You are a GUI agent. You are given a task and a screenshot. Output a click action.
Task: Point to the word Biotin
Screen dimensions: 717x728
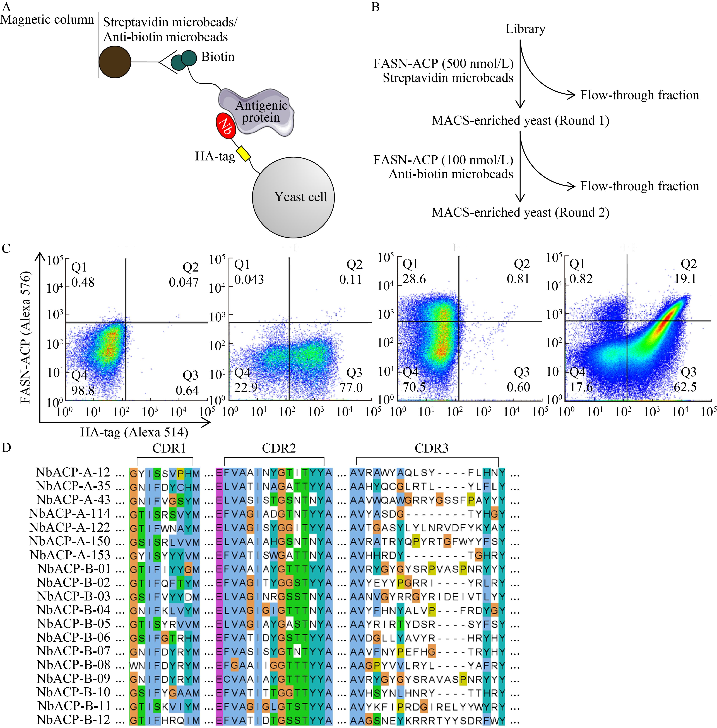click(218, 57)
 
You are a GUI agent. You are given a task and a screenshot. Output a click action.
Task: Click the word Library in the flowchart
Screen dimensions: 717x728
click(525, 29)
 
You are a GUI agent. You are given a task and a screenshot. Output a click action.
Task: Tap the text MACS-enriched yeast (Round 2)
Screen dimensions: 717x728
click(520, 212)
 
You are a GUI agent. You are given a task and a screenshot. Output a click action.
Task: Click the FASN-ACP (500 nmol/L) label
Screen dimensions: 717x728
click(443, 63)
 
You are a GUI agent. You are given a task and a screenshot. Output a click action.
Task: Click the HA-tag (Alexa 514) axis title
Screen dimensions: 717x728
click(134, 432)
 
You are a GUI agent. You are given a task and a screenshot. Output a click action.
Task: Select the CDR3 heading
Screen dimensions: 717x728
click(432, 448)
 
